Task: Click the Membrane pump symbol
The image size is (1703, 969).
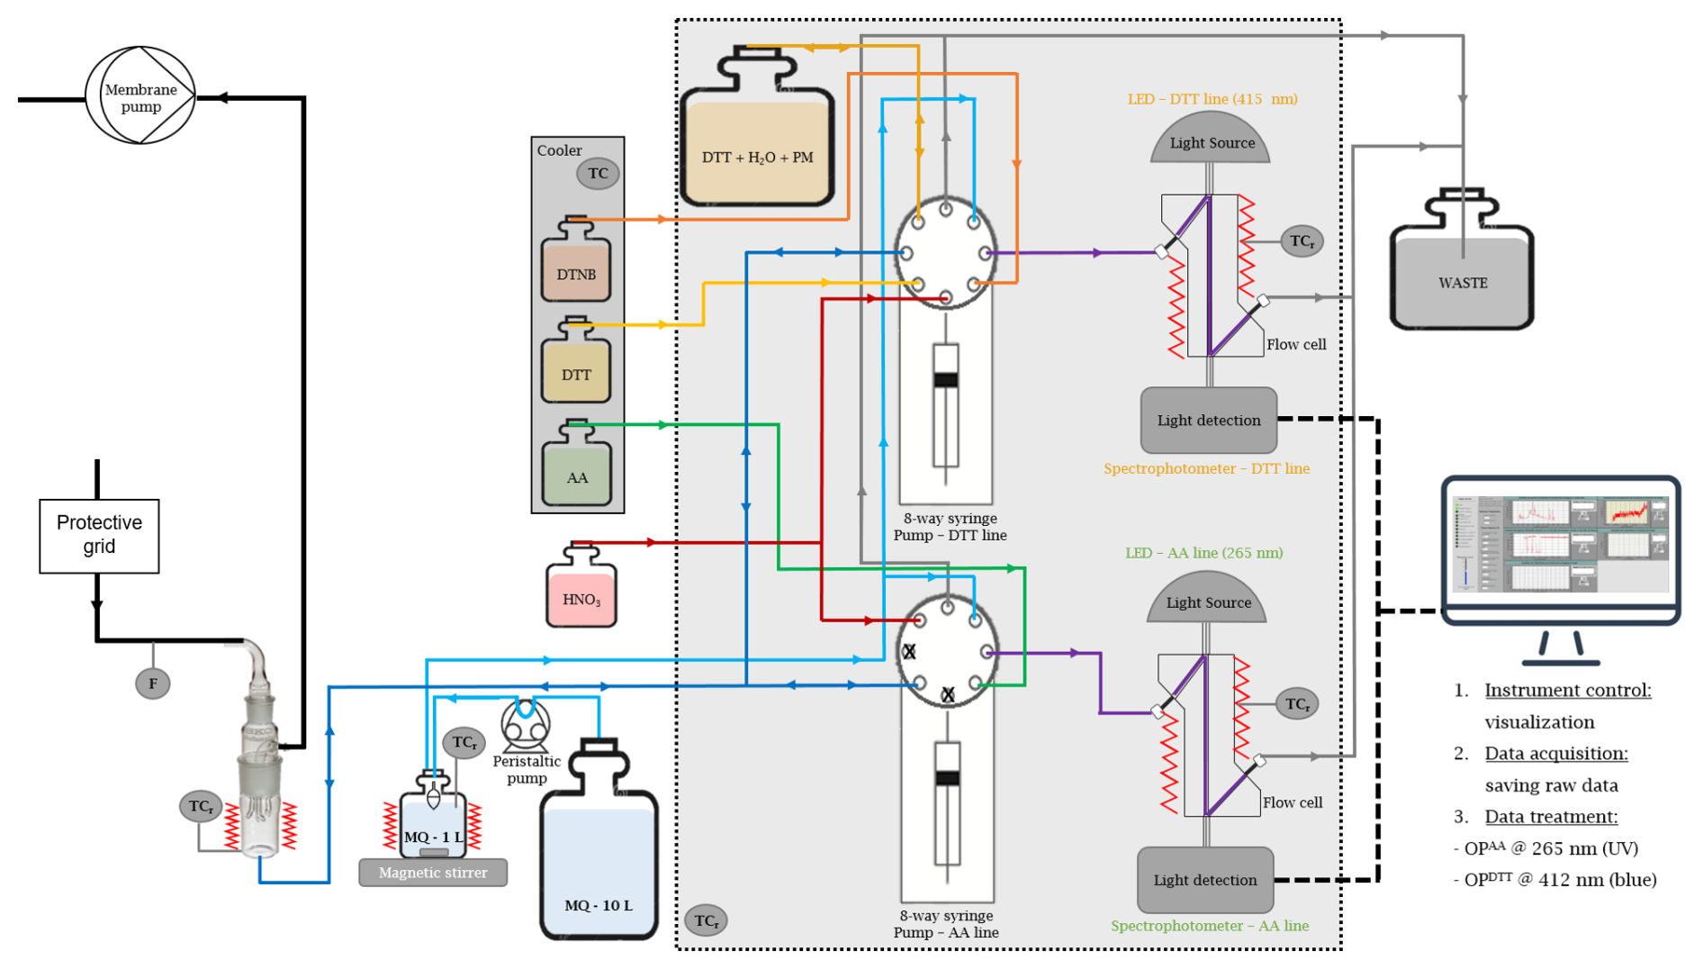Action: (x=140, y=95)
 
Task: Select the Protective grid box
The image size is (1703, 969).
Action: (x=99, y=536)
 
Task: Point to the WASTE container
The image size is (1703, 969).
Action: (x=1462, y=275)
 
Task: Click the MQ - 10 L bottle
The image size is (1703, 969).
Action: (x=599, y=856)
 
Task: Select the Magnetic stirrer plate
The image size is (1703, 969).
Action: (x=433, y=873)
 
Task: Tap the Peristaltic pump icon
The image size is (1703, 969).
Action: (x=526, y=726)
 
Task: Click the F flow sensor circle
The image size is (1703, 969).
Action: (x=153, y=684)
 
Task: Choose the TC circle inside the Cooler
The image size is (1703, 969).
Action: (x=598, y=174)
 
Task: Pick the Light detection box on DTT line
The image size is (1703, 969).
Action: (x=1208, y=421)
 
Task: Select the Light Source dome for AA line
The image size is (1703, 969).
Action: (x=1207, y=601)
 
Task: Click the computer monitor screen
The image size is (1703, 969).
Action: (x=1560, y=545)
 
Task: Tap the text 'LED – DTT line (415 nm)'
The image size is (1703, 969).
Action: (x=1212, y=99)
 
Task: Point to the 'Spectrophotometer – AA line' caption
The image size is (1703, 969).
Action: (x=1209, y=926)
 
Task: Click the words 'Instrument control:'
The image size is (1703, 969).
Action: (x=1567, y=691)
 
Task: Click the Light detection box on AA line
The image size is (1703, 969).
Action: (x=1205, y=880)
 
